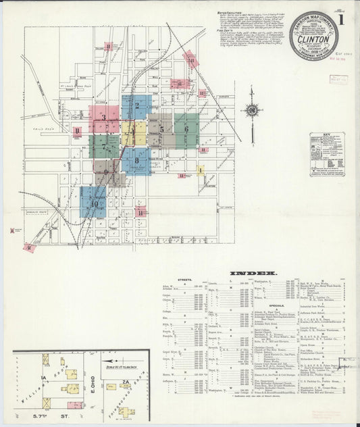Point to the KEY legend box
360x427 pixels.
(327, 154)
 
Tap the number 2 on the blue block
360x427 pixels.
(137, 105)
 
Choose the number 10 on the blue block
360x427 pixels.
(94, 203)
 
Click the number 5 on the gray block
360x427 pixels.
(161, 128)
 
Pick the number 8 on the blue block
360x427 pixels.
(137, 161)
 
